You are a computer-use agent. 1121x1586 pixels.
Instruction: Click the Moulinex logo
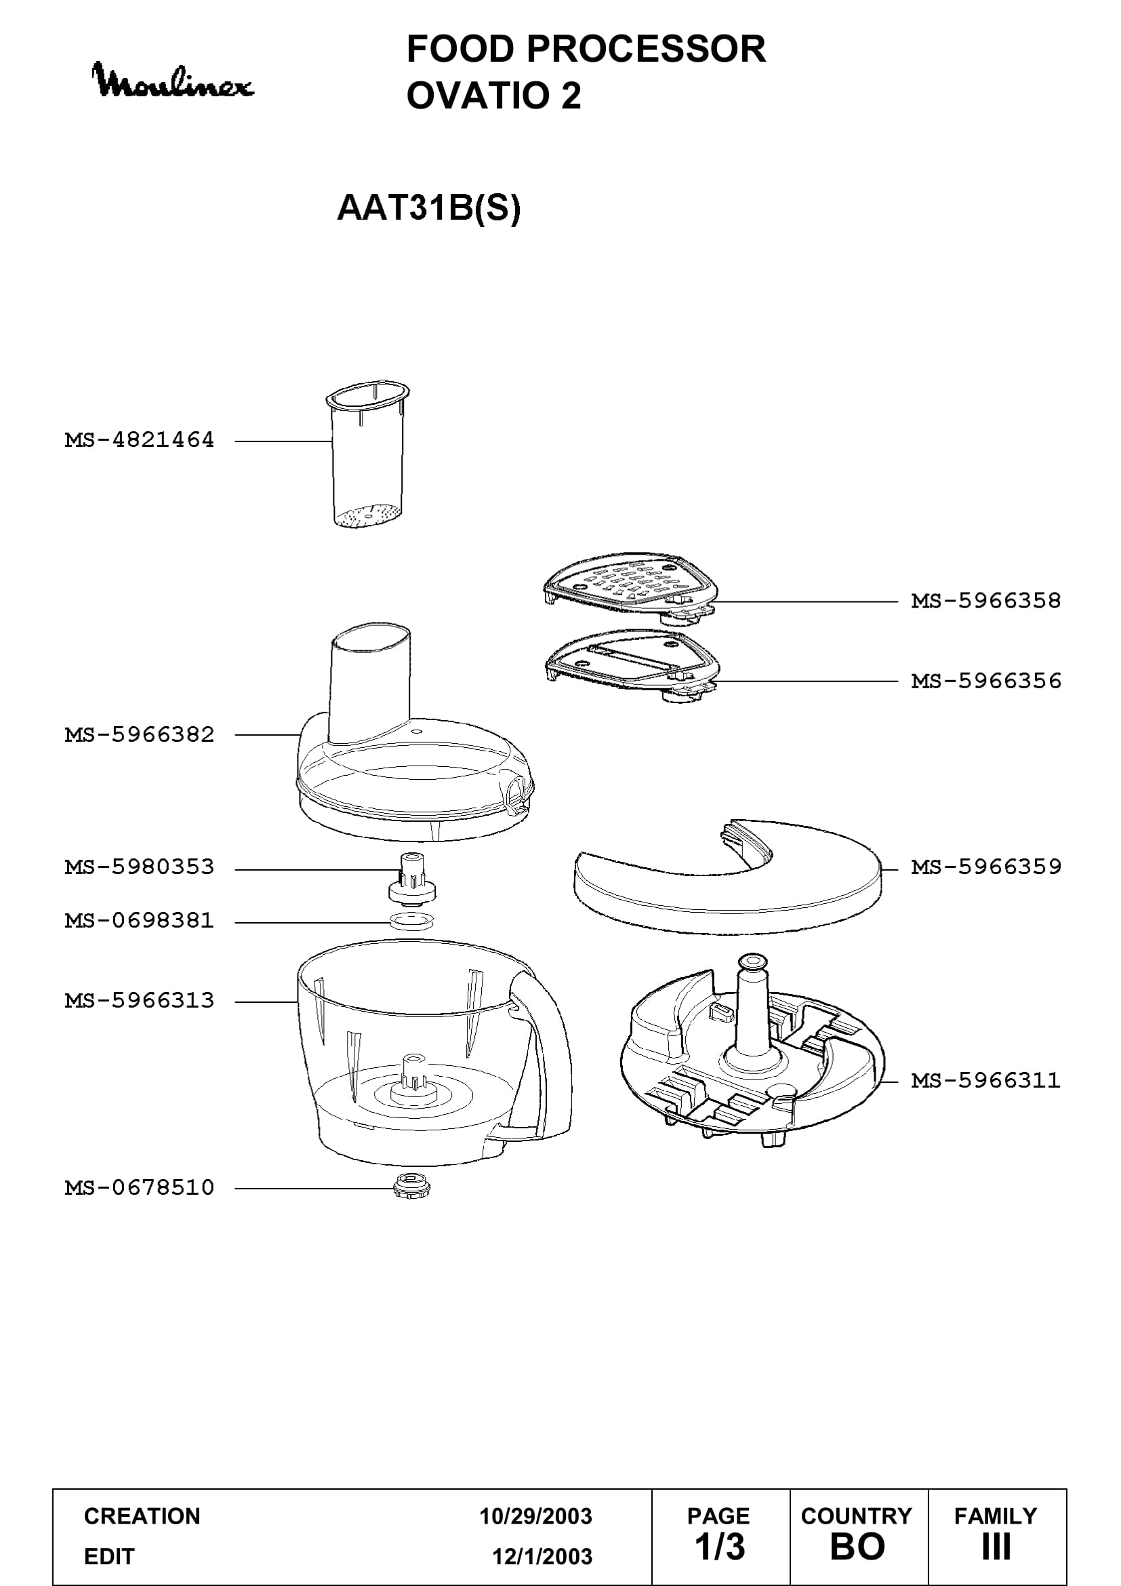(173, 81)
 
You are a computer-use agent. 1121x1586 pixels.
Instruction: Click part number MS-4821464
(140, 440)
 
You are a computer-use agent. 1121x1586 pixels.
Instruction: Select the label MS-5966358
(985, 601)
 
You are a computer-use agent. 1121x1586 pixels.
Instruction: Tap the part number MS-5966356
(985, 681)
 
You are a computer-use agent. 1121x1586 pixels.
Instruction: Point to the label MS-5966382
(140, 734)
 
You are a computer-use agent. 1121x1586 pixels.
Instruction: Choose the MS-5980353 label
(140, 867)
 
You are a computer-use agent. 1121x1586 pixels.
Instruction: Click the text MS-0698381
(140, 921)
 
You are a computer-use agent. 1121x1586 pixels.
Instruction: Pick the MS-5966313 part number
(140, 1000)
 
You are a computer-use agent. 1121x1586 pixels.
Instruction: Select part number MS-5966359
(985, 867)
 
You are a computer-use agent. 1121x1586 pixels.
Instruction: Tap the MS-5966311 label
(985, 1080)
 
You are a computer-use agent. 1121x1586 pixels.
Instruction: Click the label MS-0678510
(140, 1187)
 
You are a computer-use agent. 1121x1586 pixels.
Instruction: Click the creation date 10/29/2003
(535, 1516)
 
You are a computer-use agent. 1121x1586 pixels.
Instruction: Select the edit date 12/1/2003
(542, 1556)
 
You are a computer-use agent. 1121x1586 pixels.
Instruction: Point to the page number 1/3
(719, 1547)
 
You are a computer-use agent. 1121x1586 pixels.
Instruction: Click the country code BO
(857, 1547)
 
